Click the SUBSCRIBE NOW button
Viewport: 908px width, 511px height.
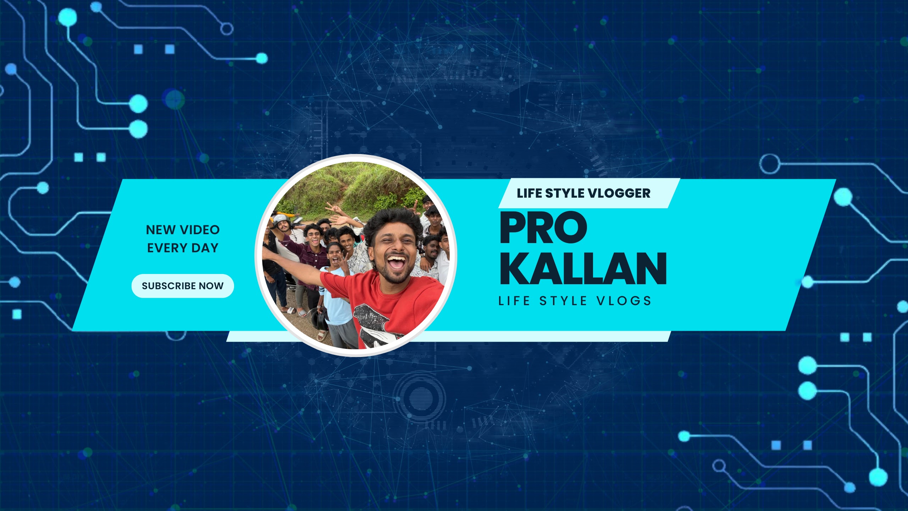[x=183, y=286]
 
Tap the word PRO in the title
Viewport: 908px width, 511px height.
[x=543, y=227]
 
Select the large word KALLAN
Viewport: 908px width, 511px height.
[x=583, y=269]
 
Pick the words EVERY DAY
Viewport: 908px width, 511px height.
[x=183, y=248]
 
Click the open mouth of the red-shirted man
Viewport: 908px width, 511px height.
[x=397, y=263]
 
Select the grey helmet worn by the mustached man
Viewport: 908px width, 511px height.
[x=281, y=219]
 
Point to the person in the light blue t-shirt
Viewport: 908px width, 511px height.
[x=335, y=291]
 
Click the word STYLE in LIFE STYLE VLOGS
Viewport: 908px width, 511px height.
[x=563, y=301]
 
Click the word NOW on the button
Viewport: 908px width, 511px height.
[x=211, y=286]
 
